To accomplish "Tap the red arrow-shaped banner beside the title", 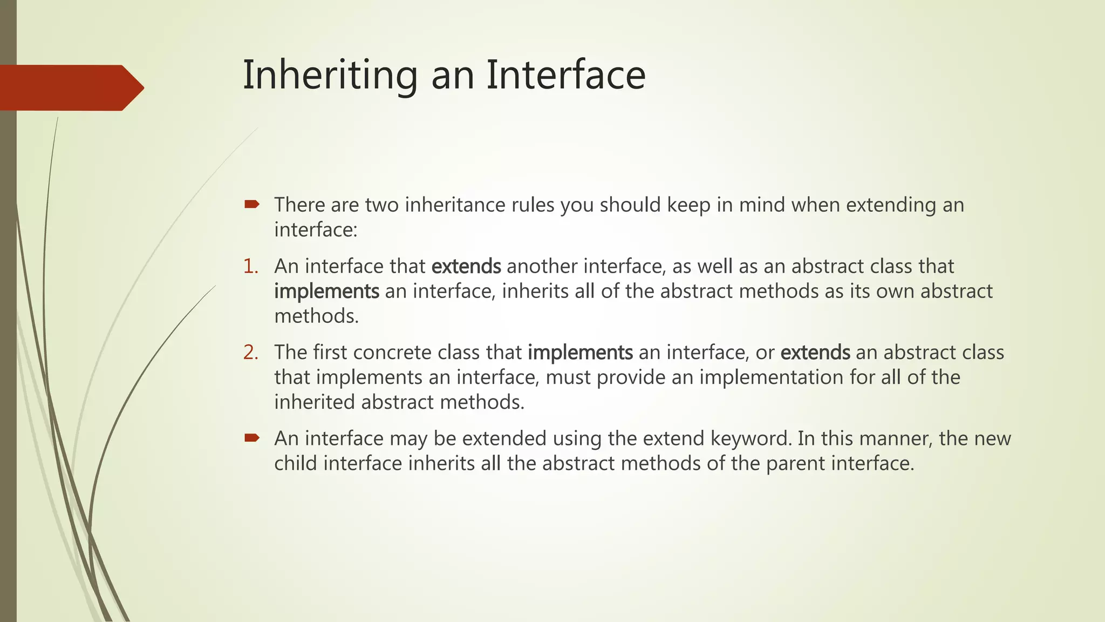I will (x=70, y=88).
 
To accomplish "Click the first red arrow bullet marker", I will (x=251, y=204).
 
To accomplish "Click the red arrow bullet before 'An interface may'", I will (x=251, y=437).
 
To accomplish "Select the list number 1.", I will (x=250, y=266).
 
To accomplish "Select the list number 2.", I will (x=250, y=352).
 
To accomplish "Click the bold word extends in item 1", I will (x=466, y=266).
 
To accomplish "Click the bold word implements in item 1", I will (x=326, y=291).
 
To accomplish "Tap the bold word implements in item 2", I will (x=580, y=352).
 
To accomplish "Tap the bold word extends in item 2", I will (x=815, y=352).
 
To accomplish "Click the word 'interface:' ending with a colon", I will (x=316, y=230).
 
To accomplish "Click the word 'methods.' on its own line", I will (x=316, y=316).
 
